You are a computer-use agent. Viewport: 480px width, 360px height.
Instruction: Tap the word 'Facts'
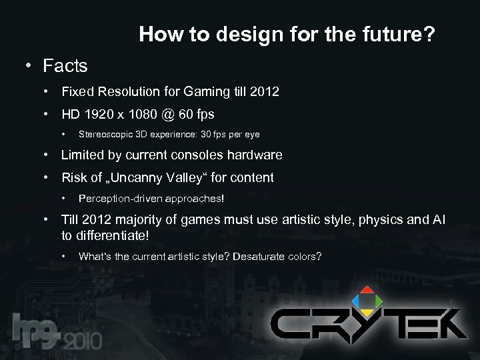pos(65,66)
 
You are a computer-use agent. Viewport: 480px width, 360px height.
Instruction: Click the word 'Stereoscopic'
pos(103,134)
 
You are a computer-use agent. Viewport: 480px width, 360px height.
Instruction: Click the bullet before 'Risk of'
pos(47,177)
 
